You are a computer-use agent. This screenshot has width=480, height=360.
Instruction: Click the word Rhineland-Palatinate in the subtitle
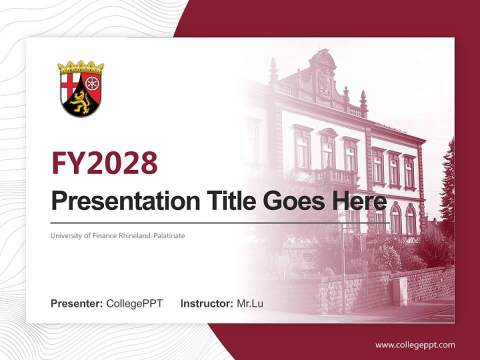coord(151,235)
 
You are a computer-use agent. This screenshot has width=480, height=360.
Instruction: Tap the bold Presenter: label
coord(77,303)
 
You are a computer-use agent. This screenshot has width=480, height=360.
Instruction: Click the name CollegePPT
coord(134,303)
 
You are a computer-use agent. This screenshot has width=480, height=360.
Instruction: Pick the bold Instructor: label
coord(206,303)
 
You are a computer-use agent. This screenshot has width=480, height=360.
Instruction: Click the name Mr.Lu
coord(250,303)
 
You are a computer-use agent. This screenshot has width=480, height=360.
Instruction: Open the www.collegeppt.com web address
coord(415,345)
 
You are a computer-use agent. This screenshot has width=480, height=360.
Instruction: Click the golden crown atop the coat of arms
coord(80,67)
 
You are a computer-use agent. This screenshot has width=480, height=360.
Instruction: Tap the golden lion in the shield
coord(80,101)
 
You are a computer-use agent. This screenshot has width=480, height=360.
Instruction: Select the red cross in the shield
coord(70,83)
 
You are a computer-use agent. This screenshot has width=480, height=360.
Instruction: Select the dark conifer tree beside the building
coord(447,185)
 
